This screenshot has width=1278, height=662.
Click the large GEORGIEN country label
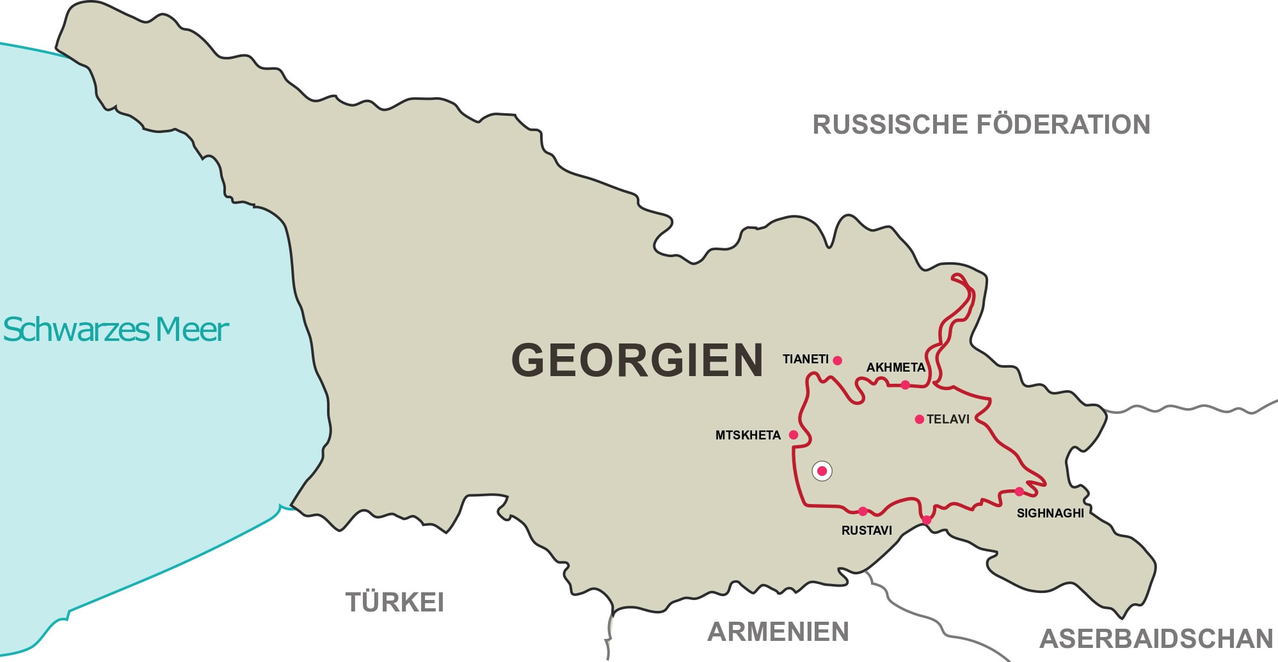tap(637, 360)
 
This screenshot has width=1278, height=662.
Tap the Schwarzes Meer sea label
tap(116, 330)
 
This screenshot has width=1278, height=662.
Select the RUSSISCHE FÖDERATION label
tap(981, 125)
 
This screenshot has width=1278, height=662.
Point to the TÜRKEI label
tap(395, 603)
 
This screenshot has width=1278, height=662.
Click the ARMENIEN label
tap(778, 632)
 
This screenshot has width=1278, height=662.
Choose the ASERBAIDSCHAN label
tap(1156, 639)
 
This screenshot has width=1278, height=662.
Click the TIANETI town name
tap(805, 359)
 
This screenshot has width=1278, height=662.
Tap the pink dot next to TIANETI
tap(837, 361)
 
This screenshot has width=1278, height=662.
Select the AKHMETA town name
tap(895, 368)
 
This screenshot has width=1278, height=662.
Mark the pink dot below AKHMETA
tap(905, 385)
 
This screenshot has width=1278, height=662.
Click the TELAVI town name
tap(948, 420)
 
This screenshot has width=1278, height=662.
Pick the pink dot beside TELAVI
tap(920, 420)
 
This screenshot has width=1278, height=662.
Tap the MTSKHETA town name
tap(747, 436)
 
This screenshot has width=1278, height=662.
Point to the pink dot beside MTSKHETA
tap(794, 435)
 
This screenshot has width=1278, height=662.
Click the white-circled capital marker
tap(822, 471)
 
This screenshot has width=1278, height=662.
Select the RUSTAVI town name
tap(867, 531)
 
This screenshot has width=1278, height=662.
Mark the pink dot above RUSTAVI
tap(863, 511)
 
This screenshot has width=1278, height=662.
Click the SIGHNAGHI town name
tap(1050, 514)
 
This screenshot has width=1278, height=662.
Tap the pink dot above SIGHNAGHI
tap(1019, 492)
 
